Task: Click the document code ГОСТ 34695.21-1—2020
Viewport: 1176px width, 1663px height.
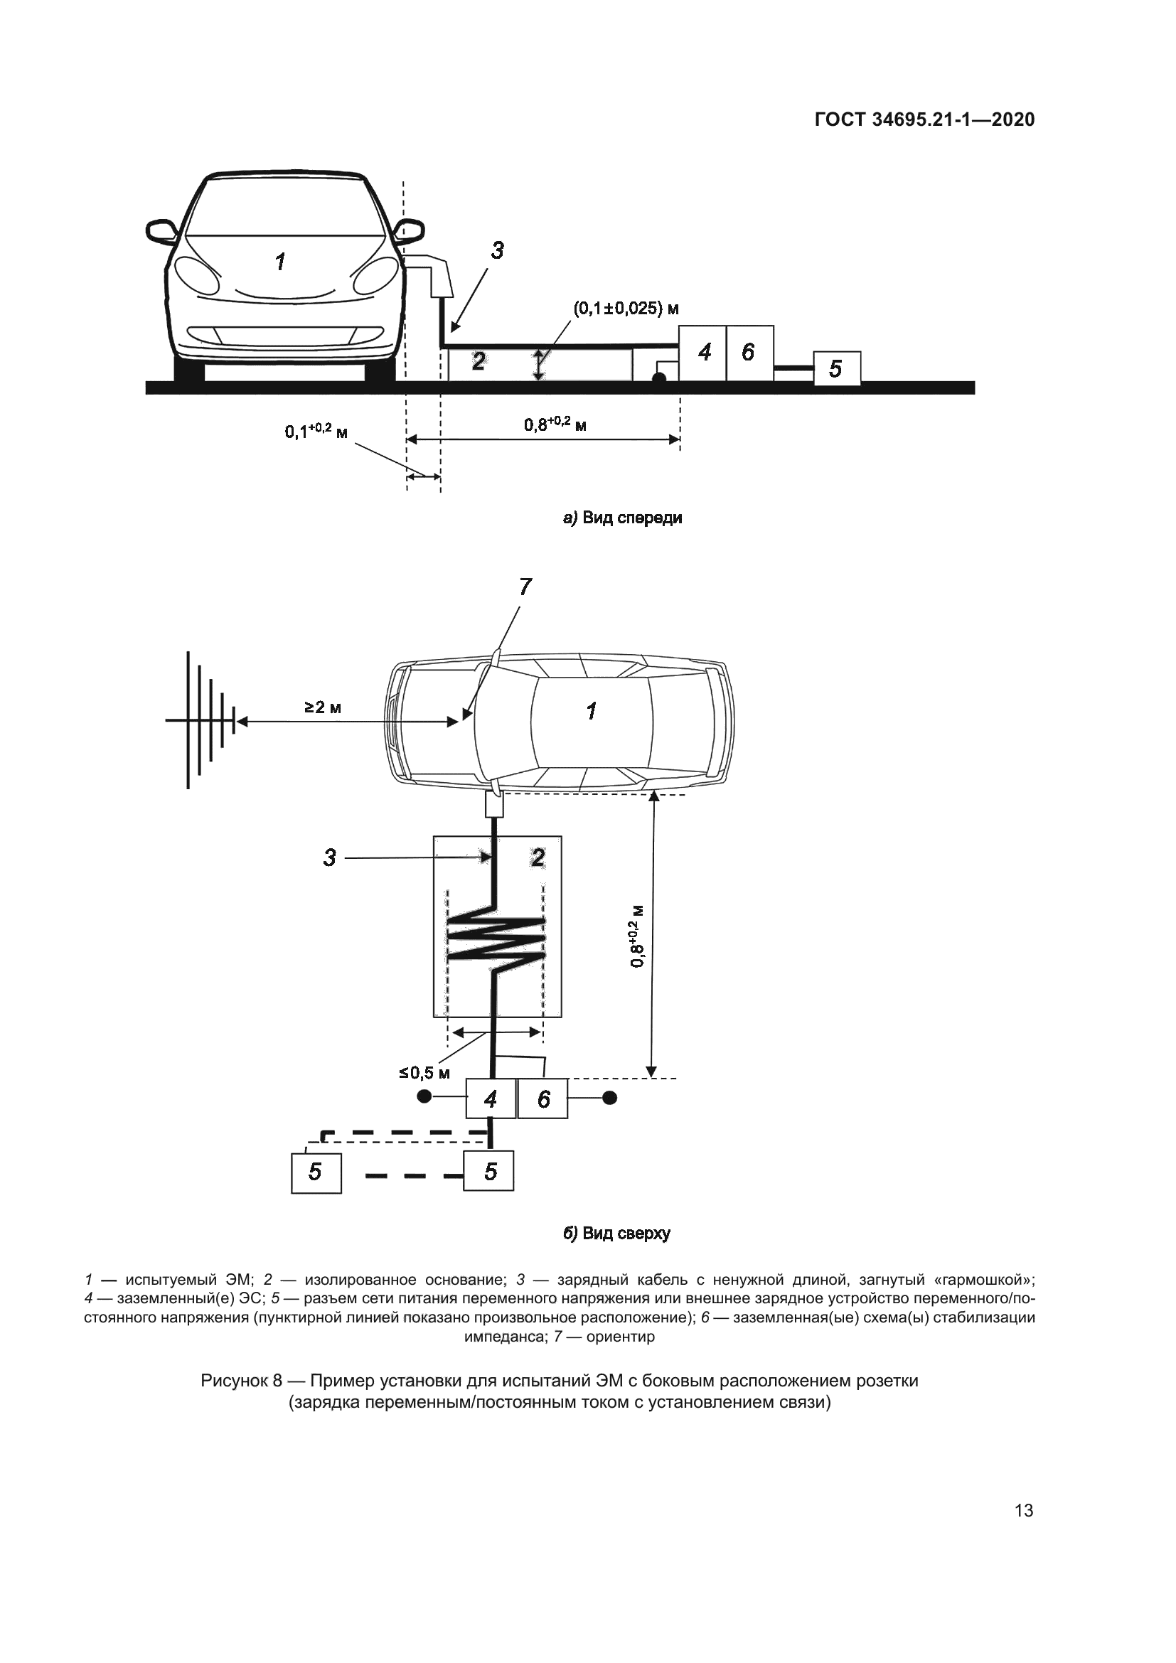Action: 924,120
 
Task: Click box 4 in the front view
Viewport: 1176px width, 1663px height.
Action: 702,353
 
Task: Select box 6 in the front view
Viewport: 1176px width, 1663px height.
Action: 749,353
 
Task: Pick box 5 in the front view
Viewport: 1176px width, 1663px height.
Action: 836,369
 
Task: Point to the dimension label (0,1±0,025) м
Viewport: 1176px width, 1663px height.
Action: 626,309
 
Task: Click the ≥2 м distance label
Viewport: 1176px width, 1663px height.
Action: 323,707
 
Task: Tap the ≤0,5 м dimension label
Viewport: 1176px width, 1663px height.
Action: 424,1073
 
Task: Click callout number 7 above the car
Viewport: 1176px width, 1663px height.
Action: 525,587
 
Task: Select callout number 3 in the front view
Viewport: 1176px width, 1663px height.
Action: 497,250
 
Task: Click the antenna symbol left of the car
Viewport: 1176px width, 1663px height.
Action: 203,721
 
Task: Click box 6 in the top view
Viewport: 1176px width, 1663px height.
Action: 543,1098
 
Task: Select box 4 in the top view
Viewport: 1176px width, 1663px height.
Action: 491,1098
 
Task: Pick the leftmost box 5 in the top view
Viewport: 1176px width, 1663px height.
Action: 316,1172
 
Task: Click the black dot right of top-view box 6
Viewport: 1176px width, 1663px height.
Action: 611,1098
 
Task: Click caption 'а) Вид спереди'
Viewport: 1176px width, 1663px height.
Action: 623,518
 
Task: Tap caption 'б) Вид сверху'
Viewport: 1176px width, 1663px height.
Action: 617,1234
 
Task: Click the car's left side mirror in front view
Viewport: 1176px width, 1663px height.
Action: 161,231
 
